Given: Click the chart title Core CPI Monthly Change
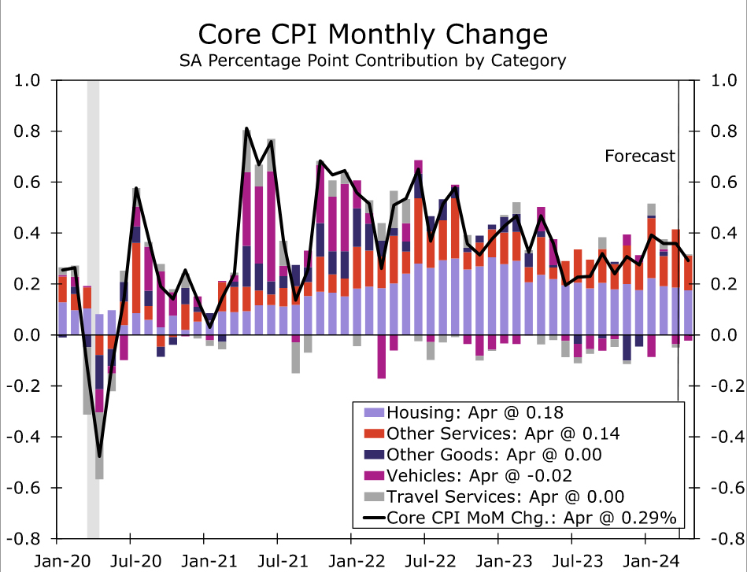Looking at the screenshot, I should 373,35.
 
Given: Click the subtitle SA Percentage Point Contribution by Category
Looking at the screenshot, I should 373,60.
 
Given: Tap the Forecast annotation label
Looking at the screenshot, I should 640,156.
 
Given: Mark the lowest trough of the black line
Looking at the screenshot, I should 99,456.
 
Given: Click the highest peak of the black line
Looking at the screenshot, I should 246,128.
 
